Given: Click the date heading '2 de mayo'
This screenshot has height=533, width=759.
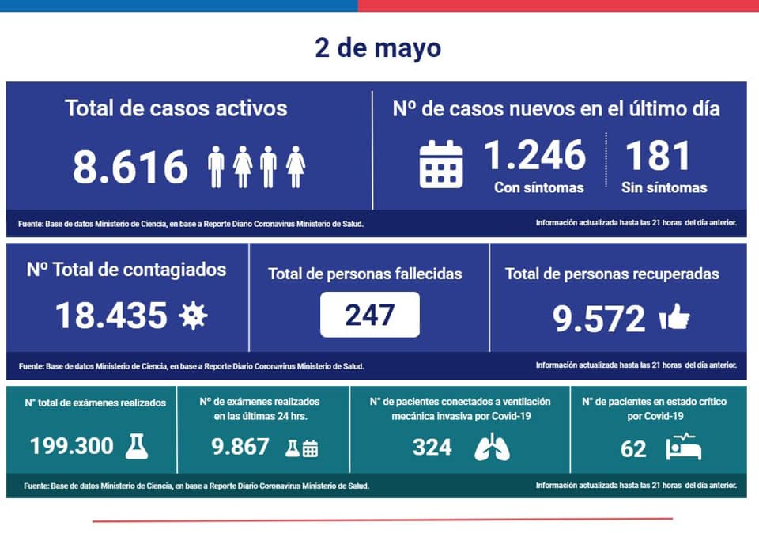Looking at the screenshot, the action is coord(378,48).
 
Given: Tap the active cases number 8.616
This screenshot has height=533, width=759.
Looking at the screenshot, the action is coord(130,167).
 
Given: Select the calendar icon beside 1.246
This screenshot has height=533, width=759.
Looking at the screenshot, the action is coord(440,164).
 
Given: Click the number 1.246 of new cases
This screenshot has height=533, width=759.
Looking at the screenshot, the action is coord(535,155).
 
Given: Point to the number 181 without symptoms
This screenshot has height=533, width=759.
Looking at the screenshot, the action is coord(657,156).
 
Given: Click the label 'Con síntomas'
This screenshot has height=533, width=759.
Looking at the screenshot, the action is coord(538,188).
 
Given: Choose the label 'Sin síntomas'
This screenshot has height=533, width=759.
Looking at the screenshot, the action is coord(664,188).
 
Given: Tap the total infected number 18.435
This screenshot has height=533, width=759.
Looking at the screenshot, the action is coord(111,316).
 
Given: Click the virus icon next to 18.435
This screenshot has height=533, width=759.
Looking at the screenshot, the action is coord(193,316).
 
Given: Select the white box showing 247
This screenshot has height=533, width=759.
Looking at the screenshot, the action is coord(370,315).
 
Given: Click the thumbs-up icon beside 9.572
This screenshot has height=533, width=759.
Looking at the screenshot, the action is coord(674,316).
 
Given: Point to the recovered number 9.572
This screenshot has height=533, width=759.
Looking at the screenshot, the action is coord(599,319).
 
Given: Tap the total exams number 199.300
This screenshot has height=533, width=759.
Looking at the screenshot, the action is coord(72,446).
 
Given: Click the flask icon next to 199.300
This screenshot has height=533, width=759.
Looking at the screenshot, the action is coord(137,446).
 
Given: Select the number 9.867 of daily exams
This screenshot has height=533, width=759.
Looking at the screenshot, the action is coord(240,446).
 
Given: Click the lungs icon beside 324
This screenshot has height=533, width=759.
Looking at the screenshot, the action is coord(492,447).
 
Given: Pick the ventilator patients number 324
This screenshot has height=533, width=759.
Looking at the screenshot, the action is coord(432,448).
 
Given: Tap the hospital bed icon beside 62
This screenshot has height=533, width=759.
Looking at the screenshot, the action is coord(683,447).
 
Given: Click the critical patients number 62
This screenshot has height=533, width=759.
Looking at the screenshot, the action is coord(633,449).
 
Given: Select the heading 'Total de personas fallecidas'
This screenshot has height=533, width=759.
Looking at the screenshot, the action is coord(365,274).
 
